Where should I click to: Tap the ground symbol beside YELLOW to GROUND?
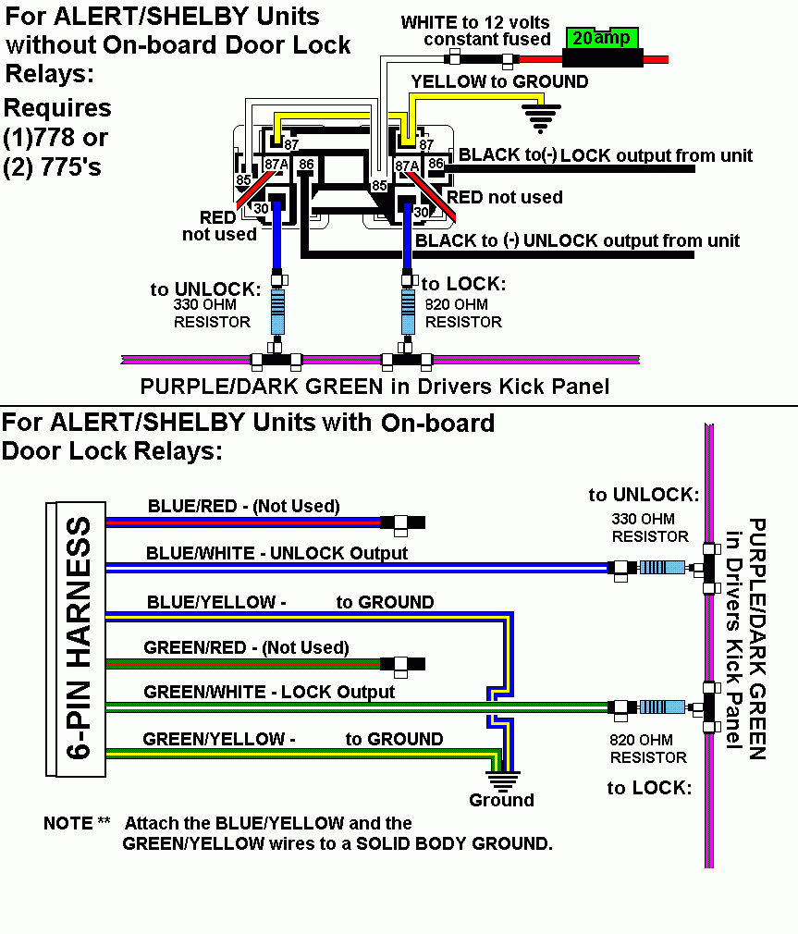click(543, 116)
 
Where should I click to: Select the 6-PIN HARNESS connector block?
click(76, 639)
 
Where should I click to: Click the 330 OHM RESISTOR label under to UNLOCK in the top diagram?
click(212, 313)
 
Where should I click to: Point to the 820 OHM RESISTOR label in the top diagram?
click(463, 313)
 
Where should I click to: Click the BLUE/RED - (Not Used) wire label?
click(243, 506)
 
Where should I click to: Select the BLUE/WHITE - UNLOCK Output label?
click(276, 553)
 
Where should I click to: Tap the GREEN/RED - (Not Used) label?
click(246, 647)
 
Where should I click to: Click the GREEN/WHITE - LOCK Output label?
click(269, 692)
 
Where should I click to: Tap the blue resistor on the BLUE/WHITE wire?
click(662, 567)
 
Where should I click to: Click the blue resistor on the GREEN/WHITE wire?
click(662, 707)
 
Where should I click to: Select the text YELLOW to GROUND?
click(499, 81)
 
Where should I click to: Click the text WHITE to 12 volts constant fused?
click(475, 31)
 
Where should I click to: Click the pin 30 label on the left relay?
click(262, 208)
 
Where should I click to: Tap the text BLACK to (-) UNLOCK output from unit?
click(578, 241)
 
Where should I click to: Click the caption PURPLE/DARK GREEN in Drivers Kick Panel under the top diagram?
click(374, 386)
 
